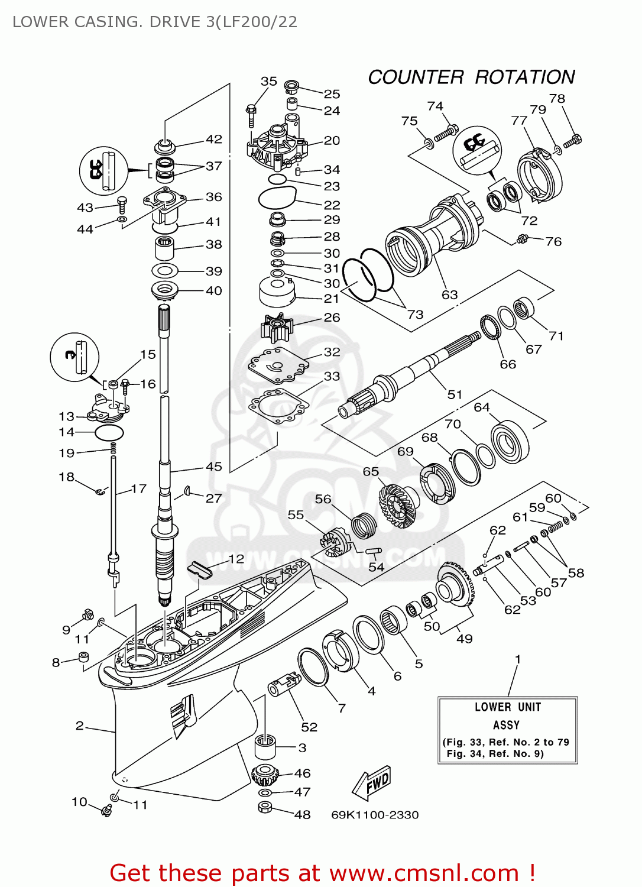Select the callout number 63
(x=450, y=294)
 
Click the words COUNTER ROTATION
(x=471, y=77)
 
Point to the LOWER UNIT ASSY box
(x=507, y=730)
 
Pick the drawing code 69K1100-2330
(x=375, y=815)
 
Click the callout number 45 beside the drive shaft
(x=213, y=467)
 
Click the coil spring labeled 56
(x=364, y=525)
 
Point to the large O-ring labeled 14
(x=109, y=432)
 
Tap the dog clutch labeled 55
(x=335, y=543)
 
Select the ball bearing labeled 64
(x=509, y=442)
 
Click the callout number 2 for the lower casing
(x=80, y=726)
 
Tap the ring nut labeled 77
(x=538, y=175)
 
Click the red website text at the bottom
(x=323, y=873)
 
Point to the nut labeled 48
(x=265, y=808)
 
